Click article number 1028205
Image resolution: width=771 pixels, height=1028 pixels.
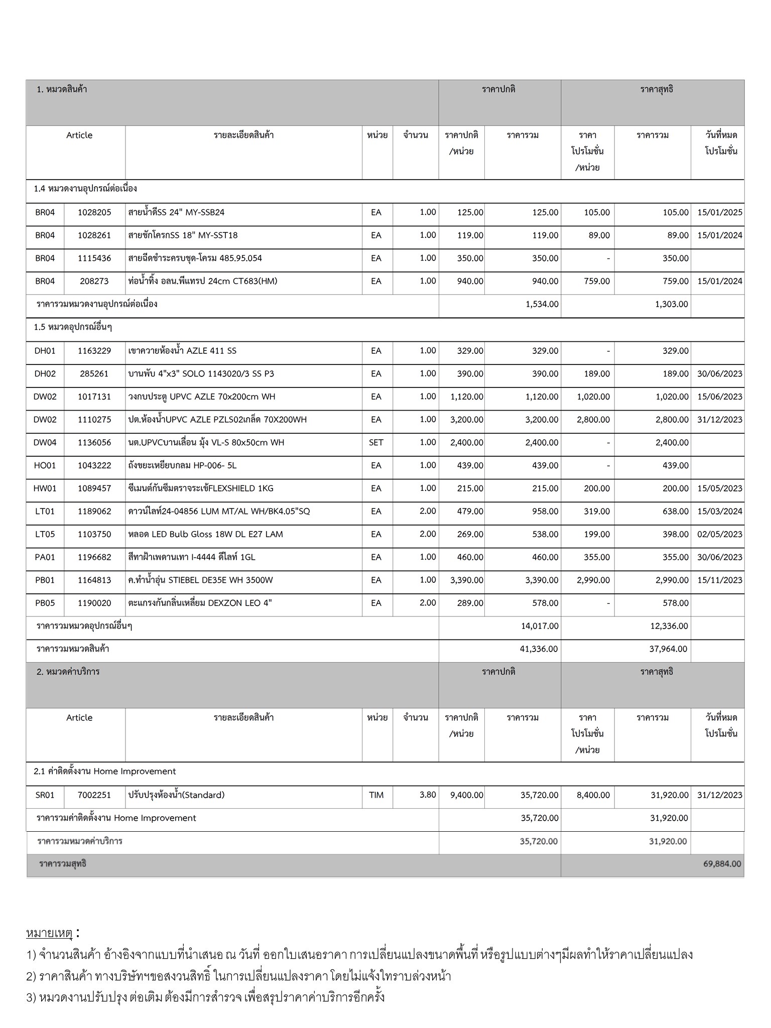(94, 212)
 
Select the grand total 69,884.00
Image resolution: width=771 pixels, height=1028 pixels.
(722, 864)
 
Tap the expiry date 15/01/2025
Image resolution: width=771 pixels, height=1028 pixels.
(719, 212)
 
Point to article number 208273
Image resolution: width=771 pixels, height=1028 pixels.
(94, 281)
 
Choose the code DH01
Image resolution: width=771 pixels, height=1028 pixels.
(45, 351)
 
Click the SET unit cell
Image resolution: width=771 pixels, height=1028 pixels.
(376, 443)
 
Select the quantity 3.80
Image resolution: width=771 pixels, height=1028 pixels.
(428, 795)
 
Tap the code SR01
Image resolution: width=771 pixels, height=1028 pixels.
(45, 795)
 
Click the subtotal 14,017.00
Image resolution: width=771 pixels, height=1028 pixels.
(539, 626)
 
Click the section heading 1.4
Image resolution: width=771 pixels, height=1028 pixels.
(85, 189)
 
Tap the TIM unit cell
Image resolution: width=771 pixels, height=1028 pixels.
(376, 795)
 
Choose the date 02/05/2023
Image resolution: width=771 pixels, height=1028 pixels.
(719, 534)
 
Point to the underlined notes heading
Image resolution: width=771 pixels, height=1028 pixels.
(50, 933)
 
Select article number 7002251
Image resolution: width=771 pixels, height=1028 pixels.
(94, 795)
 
